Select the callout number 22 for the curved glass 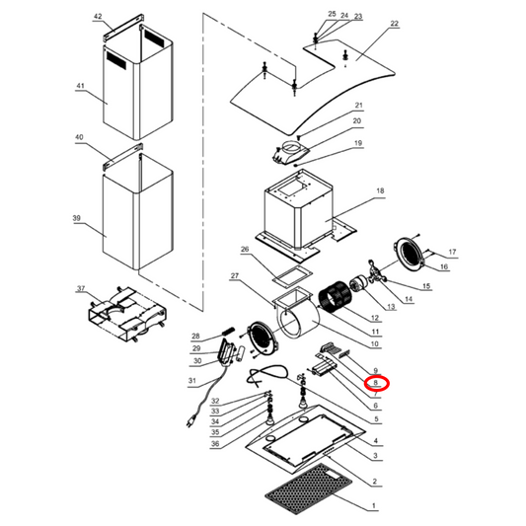click(394, 24)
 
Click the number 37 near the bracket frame click(81, 289)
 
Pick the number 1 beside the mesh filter click(372, 506)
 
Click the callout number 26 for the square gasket click(245, 250)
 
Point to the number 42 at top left click(98, 18)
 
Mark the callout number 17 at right click(452, 252)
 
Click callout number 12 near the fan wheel click(376, 319)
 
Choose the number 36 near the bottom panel click(214, 444)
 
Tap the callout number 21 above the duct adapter click(359, 106)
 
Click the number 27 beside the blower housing click(235, 275)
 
